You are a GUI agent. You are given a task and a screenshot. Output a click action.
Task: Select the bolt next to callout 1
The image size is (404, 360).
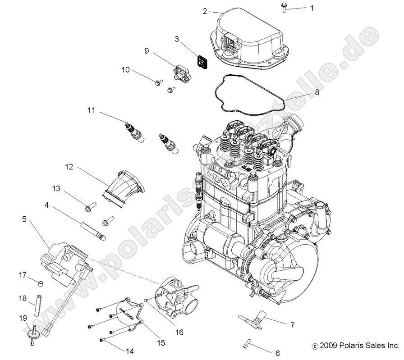(285, 7)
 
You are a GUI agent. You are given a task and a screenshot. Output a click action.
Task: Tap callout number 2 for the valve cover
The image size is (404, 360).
(205, 11)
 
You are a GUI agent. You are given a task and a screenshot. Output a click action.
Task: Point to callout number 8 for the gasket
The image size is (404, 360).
(317, 92)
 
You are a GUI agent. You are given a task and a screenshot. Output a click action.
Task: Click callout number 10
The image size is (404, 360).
(126, 70)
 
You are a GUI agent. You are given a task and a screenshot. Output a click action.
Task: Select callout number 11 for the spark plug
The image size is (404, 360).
(92, 109)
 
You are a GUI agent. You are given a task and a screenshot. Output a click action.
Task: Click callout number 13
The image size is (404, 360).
(56, 188)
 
